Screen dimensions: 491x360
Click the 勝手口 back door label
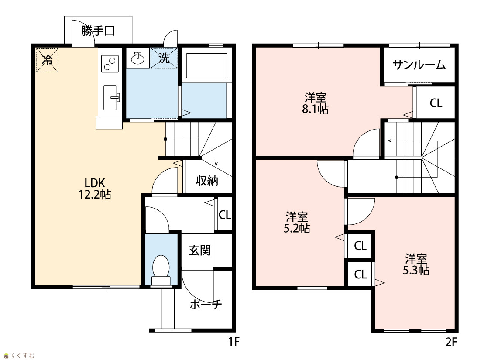pos(98,31)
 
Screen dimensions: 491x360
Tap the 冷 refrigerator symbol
pos(47,59)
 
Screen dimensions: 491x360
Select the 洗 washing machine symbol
pos(164,58)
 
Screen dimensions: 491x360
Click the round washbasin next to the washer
pos(137,58)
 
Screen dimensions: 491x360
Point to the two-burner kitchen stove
pos(110,64)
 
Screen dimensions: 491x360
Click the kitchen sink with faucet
pos(110,97)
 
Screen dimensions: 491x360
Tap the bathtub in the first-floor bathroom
pos(207,66)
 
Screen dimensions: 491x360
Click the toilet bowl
pos(161,270)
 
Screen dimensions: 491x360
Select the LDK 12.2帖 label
pos(95,189)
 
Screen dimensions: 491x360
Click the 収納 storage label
pos(207,181)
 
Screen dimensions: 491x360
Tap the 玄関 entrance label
pos(200,250)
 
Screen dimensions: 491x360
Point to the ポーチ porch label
pos(206,304)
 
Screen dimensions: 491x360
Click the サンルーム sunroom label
pos(419,65)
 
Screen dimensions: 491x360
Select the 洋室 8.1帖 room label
pos(315,103)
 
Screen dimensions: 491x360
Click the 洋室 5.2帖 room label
pos(297,223)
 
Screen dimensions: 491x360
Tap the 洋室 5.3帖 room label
pos(416,264)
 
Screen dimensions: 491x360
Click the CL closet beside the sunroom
pos(436,103)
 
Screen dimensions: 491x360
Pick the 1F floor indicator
pos(234,342)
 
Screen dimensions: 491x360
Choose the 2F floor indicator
pos(451,342)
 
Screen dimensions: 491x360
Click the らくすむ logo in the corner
pos(19,356)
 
